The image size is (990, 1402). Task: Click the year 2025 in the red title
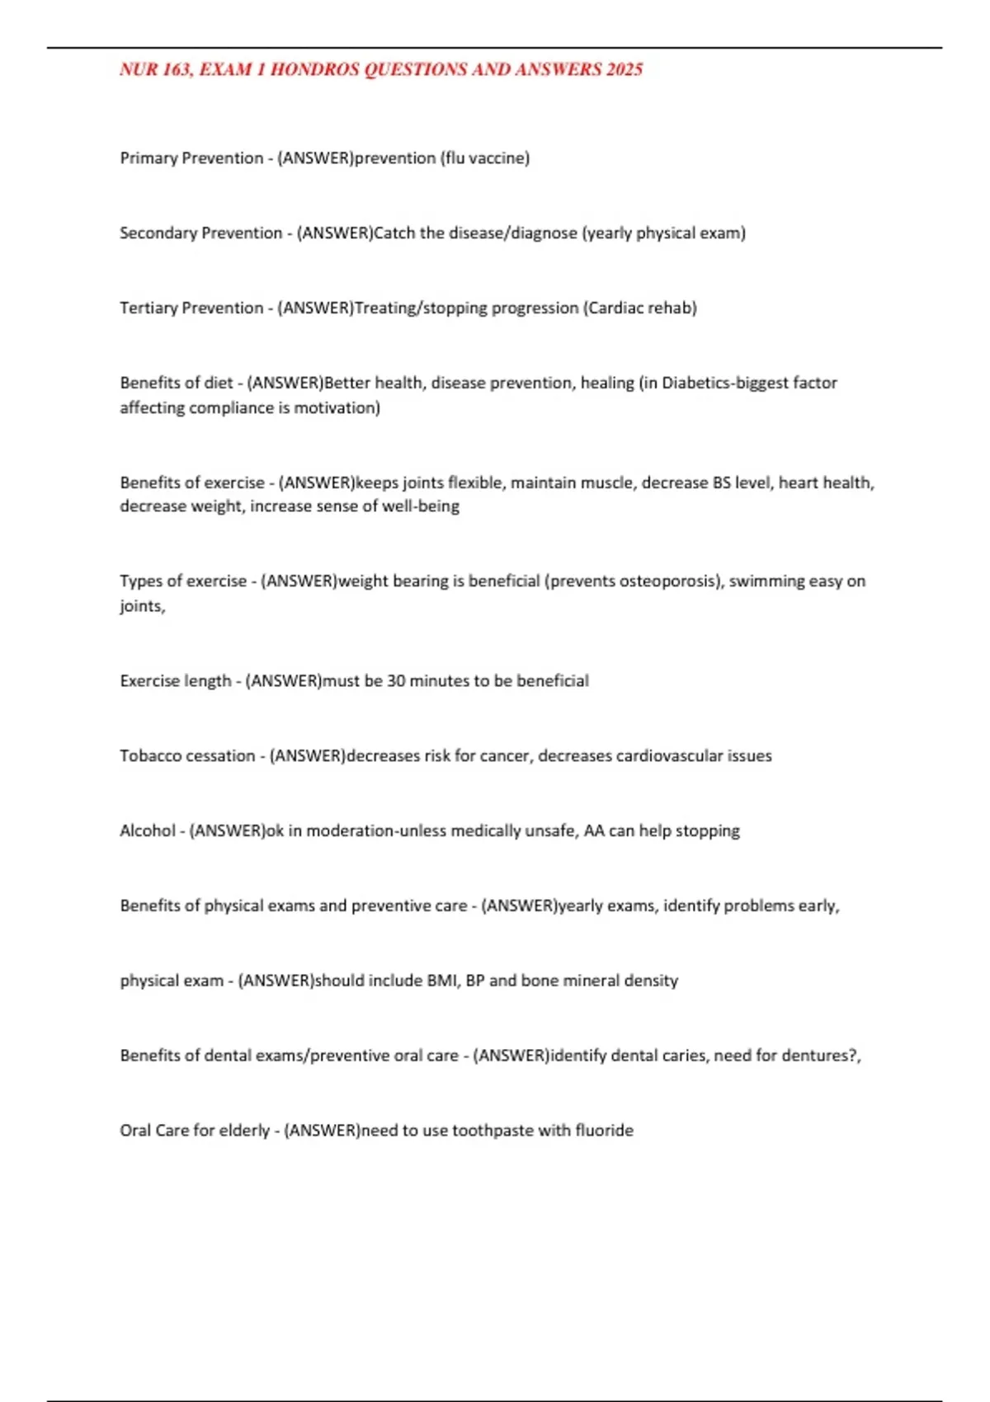click(624, 70)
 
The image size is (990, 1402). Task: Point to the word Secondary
click(158, 233)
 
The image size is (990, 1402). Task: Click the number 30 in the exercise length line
click(396, 681)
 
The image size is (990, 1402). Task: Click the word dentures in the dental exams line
click(812, 1056)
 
